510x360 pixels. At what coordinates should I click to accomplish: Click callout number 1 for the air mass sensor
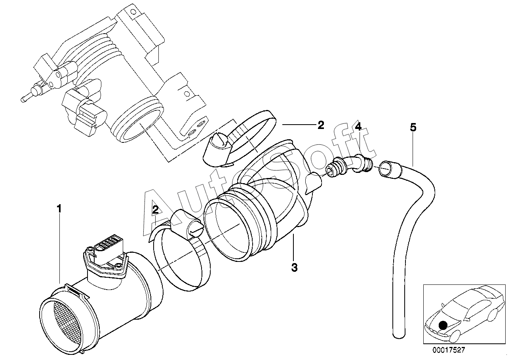[x=59, y=208]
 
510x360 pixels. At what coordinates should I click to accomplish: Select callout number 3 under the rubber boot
[x=294, y=267]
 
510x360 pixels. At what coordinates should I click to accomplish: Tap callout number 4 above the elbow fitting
[x=358, y=127]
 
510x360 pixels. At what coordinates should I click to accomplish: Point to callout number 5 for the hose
[x=413, y=127]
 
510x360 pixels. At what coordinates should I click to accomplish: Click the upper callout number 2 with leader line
[x=321, y=125]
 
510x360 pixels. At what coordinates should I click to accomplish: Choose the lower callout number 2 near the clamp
[x=156, y=210]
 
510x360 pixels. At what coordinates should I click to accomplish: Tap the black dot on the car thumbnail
[x=443, y=325]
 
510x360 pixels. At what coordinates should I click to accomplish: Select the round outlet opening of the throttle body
[x=141, y=125]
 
